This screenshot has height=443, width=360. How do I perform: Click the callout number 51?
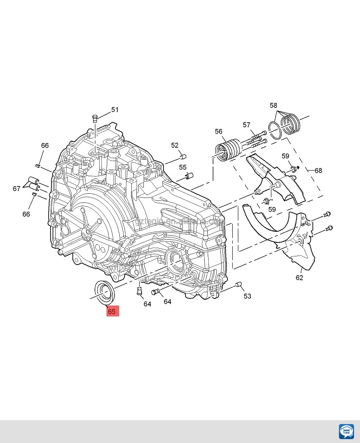[115, 110]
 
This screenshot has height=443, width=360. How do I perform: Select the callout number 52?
[175, 145]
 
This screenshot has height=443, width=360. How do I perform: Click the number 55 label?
[183, 167]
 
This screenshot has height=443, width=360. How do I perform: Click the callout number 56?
[219, 131]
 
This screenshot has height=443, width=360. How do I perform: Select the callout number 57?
[246, 125]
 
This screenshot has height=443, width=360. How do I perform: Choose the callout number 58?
[273, 105]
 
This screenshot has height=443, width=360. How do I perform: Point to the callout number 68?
[318, 171]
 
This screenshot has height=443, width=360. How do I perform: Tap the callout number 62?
[299, 278]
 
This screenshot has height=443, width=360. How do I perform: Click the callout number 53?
[247, 296]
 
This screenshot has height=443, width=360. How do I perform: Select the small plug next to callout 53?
[238, 284]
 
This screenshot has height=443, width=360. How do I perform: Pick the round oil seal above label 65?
[104, 291]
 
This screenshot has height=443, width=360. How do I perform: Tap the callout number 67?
[17, 189]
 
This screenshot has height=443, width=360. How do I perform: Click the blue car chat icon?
[346, 431]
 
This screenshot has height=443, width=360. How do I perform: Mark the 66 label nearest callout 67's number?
[26, 214]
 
